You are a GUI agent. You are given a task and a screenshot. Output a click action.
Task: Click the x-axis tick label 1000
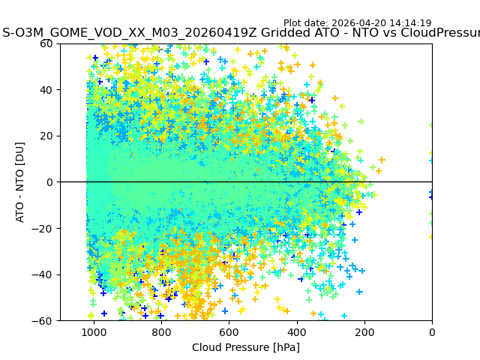pyautogui.click(x=94, y=332)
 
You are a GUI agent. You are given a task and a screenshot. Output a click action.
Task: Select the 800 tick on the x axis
pyautogui.click(x=161, y=332)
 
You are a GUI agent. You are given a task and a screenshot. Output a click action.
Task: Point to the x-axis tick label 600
pyautogui.click(x=229, y=332)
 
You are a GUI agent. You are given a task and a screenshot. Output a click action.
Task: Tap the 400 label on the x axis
pyautogui.click(x=296, y=332)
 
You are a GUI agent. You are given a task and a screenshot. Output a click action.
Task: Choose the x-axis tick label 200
pyautogui.click(x=364, y=332)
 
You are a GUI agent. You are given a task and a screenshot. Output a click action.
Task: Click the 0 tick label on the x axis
pyautogui.click(x=432, y=332)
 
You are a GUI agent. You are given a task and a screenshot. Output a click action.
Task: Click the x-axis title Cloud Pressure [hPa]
pyautogui.click(x=246, y=347)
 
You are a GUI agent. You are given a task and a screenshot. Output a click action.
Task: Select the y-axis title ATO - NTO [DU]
pyautogui.click(x=21, y=182)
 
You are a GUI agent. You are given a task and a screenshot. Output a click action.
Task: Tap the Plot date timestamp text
pyautogui.click(x=357, y=23)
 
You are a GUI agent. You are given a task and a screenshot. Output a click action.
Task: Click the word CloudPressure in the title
pyautogui.click(x=439, y=33)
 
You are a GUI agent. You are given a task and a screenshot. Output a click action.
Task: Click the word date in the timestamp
pyautogui.click(x=318, y=23)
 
